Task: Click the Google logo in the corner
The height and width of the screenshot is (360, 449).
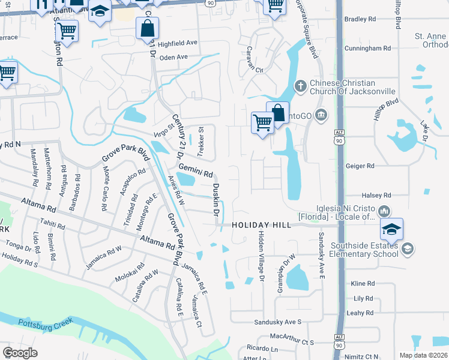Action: pyautogui.click(x=20, y=352)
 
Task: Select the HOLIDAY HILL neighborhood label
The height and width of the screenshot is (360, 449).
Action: pyautogui.click(x=261, y=225)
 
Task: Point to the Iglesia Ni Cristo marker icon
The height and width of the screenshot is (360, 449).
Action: pyautogui.click(x=384, y=211)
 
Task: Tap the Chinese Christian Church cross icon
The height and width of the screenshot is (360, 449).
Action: pyautogui.click(x=300, y=87)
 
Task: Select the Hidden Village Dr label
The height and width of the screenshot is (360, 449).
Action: pyautogui.click(x=261, y=256)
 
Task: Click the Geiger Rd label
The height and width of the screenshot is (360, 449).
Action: pyautogui.click(x=360, y=166)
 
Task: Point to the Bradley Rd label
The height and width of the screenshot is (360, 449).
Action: pyautogui.click(x=360, y=19)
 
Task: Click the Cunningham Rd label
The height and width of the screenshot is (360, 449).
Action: pyautogui.click(x=367, y=48)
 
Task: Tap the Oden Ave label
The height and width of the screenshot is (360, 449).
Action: pyautogui.click(x=174, y=57)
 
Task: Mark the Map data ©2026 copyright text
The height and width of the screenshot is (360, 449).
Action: pyautogui.click(x=423, y=355)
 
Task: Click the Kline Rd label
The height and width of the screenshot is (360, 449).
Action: pyautogui.click(x=363, y=283)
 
